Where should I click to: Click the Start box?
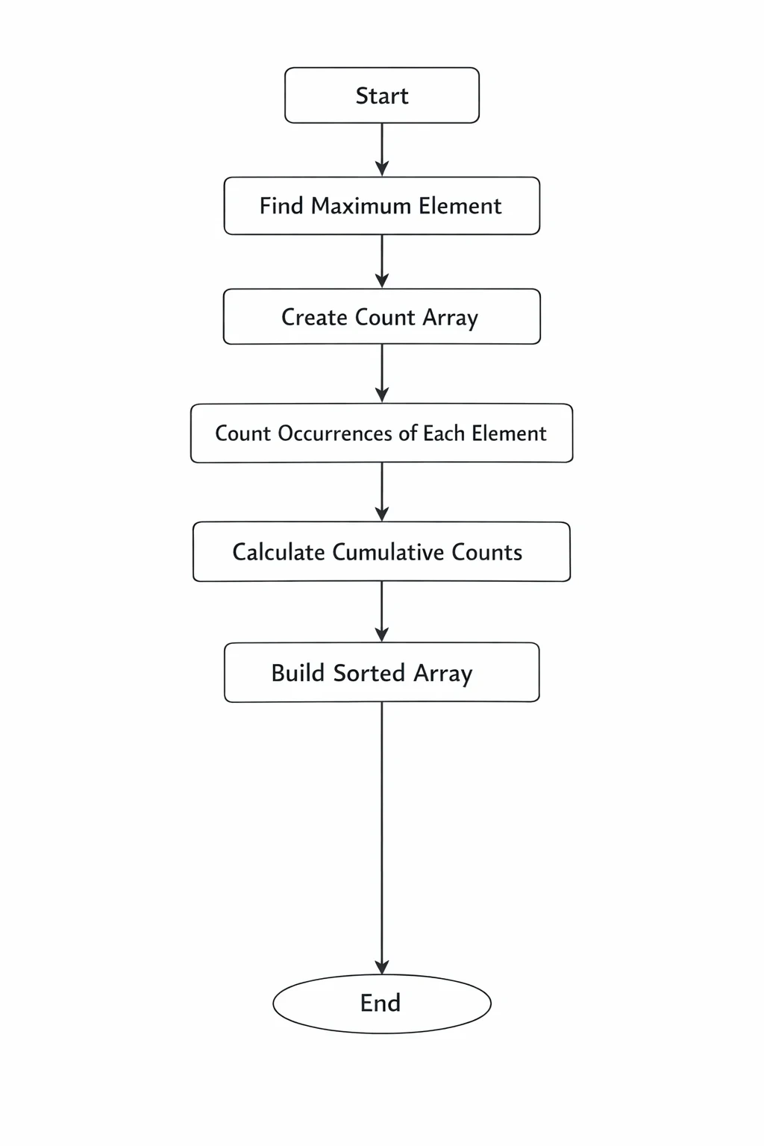(382, 95)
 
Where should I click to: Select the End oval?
(382, 1003)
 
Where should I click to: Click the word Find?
(281, 206)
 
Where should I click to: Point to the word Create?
(314, 317)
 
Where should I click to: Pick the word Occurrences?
(335, 433)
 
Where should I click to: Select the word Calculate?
(278, 552)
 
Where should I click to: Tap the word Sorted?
(369, 673)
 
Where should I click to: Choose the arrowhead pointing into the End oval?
(382, 967)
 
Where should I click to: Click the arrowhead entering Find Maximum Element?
(382, 169)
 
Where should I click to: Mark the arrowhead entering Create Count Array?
(382, 281)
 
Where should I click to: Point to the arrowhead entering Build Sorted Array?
(382, 635)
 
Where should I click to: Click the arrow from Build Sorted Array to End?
(382, 838)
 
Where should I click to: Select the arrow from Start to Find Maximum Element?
(382, 150)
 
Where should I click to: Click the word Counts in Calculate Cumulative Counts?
(486, 552)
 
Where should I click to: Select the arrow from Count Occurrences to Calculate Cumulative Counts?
(382, 492)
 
